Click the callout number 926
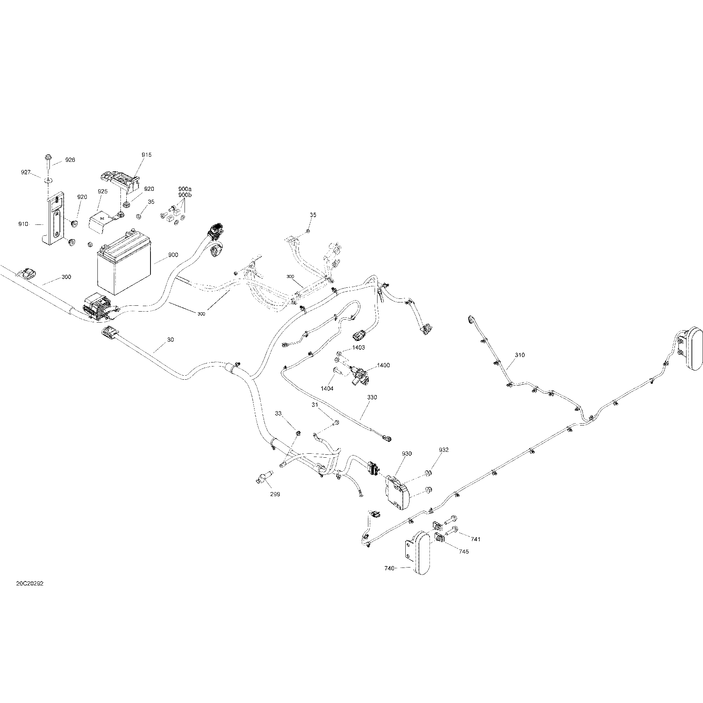point(70,160)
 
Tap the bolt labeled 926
point(48,161)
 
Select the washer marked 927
point(48,180)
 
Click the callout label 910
point(23,224)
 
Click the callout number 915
point(146,155)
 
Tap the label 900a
point(185,190)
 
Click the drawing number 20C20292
point(30,594)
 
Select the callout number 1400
point(383,365)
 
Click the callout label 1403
point(358,347)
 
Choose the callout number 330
point(372,397)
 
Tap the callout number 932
point(443,450)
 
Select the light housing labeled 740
point(417,555)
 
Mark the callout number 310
point(520,355)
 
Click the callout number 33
point(278,413)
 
